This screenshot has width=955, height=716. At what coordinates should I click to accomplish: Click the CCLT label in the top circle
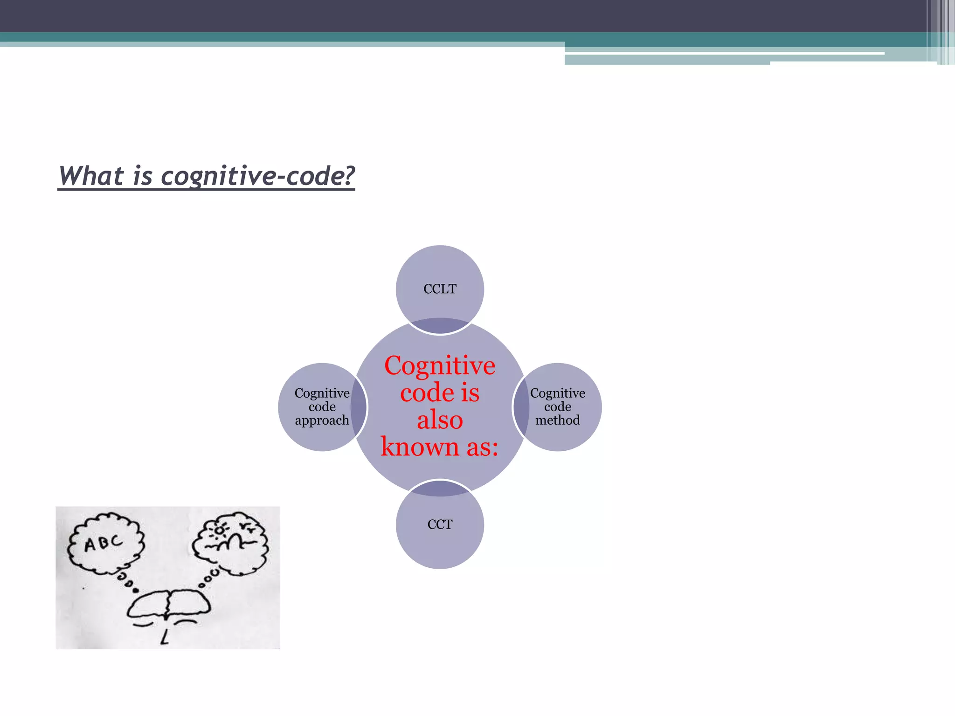440,289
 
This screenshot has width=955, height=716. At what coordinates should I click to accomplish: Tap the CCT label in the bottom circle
440,525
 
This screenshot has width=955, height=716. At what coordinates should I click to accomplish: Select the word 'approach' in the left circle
322,420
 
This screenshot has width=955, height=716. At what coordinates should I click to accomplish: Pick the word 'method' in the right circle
558,420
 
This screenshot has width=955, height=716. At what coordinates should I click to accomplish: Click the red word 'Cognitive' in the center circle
440,366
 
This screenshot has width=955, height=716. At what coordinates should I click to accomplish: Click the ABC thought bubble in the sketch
105,544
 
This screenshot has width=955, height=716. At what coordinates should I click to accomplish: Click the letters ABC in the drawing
104,543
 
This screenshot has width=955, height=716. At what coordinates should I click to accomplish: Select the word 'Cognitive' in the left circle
322,393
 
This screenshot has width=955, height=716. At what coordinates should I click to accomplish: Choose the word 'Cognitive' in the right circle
558,393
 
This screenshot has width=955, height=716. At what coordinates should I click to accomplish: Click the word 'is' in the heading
143,176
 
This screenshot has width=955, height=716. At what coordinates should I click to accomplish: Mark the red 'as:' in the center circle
482,447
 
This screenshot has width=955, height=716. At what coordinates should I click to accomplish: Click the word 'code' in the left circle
322,407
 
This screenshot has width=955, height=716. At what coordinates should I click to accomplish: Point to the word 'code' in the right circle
558,407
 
